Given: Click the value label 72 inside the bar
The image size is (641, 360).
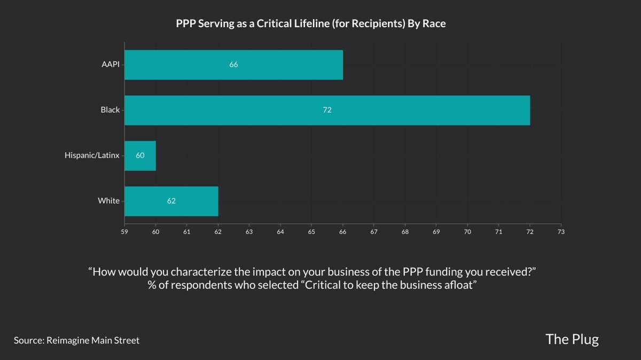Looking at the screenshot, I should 327,110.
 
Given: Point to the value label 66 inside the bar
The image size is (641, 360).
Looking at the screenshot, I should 233,65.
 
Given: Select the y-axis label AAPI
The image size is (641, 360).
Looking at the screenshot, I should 111,65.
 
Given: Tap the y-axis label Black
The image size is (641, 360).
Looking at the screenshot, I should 110,110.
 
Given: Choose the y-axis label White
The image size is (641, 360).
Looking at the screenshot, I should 108,201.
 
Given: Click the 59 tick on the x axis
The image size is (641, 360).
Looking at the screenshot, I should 124,232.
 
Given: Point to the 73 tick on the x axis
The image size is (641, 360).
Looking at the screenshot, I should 561,232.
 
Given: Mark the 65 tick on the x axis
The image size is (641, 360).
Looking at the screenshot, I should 311,232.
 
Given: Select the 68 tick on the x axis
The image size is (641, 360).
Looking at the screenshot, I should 405,232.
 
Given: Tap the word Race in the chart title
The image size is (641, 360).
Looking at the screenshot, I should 435,24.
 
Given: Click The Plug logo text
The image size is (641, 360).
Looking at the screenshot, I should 572,339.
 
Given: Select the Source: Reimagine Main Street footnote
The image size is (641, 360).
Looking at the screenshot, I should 76,340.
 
